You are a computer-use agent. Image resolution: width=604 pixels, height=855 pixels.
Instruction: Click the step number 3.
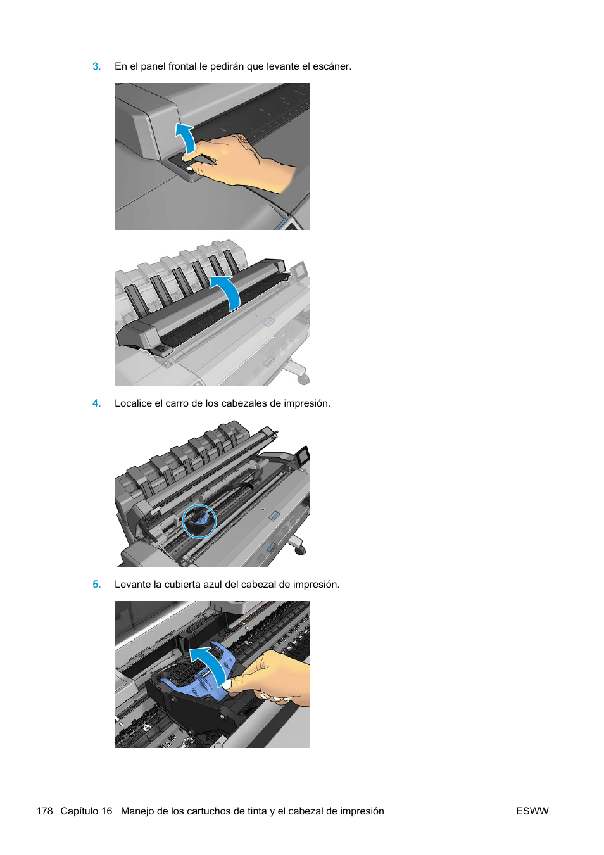click(x=96, y=66)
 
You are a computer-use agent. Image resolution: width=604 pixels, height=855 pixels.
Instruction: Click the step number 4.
click(x=96, y=403)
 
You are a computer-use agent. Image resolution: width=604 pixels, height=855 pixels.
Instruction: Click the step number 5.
click(x=96, y=585)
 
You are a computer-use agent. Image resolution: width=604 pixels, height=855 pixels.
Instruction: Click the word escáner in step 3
click(x=331, y=66)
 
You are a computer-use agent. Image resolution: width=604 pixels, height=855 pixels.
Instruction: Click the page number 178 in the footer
click(x=44, y=811)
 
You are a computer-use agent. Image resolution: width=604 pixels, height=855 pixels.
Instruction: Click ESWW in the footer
click(x=532, y=811)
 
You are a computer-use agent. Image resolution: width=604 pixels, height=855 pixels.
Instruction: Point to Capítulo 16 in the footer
click(x=86, y=811)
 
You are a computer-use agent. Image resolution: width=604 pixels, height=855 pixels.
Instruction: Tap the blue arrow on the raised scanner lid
click(x=227, y=291)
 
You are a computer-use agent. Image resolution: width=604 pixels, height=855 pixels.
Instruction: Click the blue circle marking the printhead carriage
click(x=199, y=521)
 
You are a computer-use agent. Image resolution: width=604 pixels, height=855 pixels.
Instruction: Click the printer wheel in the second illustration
click(x=303, y=378)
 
